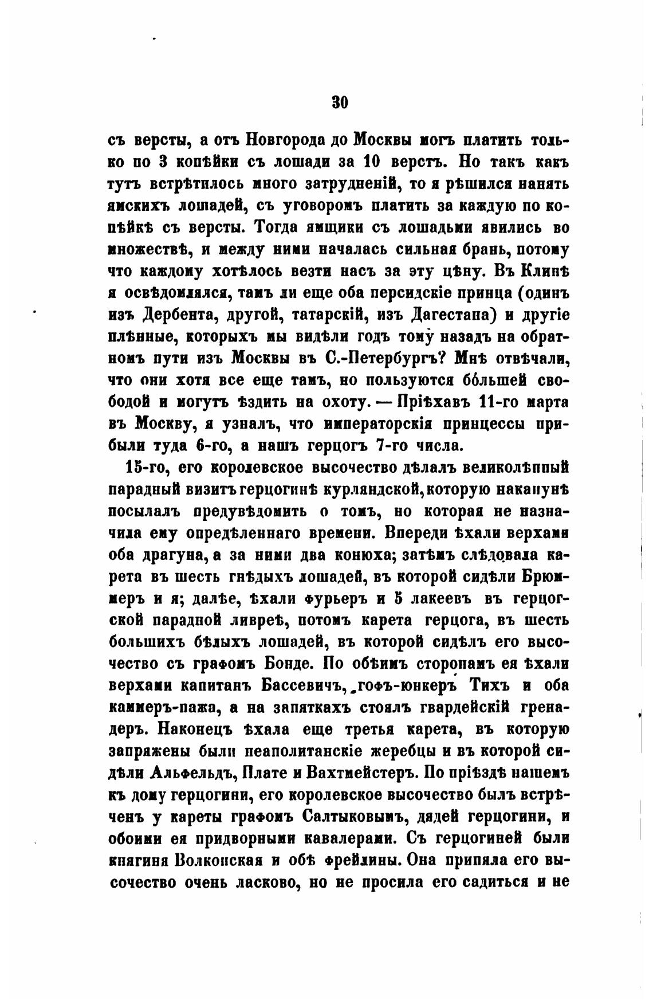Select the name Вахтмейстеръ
pyautogui.click(x=361, y=775)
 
